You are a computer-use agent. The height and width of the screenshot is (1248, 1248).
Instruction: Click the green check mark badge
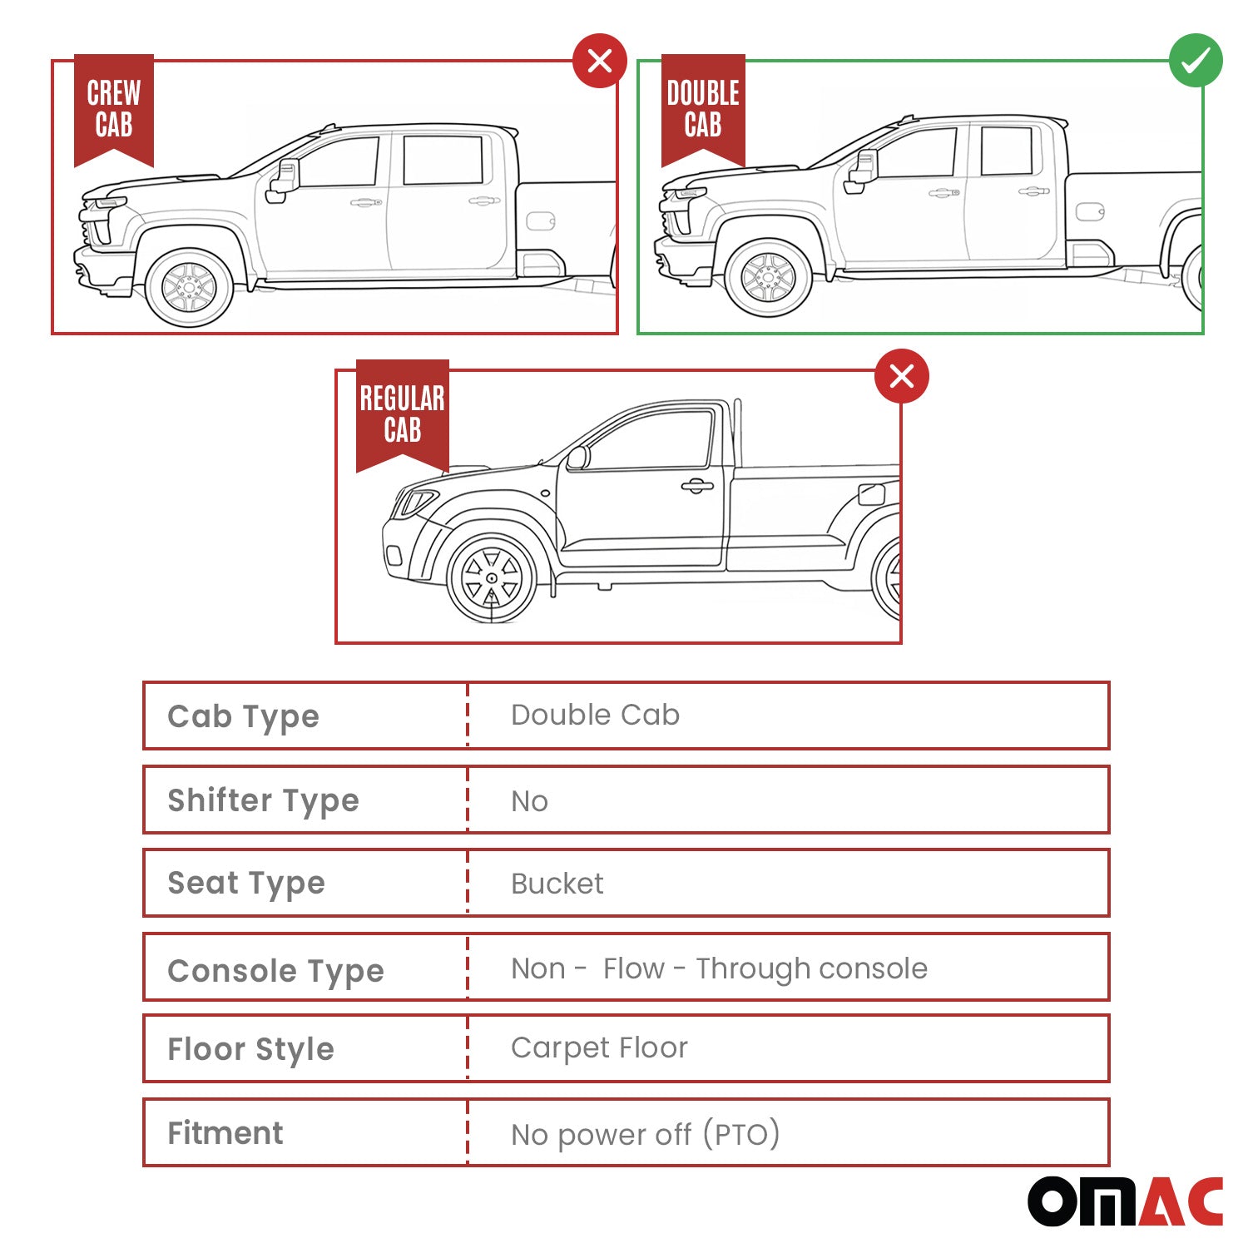click(x=1196, y=60)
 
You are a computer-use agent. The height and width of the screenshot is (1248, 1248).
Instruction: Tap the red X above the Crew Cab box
click(x=600, y=60)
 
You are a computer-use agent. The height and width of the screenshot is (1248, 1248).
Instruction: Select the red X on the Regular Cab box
click(x=902, y=376)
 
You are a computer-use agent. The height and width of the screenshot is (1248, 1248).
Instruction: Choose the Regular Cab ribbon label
click(x=403, y=415)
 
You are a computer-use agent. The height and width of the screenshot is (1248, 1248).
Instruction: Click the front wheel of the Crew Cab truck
click(x=189, y=288)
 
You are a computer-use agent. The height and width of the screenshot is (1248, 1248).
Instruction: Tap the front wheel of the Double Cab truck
click(x=768, y=278)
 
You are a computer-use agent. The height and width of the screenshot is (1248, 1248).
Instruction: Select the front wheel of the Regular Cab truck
click(x=492, y=578)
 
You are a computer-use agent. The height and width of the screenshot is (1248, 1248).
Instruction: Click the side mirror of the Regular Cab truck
click(x=577, y=458)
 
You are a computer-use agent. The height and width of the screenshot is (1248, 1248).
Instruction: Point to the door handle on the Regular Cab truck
click(x=697, y=486)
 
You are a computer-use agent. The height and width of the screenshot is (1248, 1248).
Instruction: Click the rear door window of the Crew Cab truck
click(x=443, y=159)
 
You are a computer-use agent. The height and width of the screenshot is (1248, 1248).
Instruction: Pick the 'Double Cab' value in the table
click(x=595, y=715)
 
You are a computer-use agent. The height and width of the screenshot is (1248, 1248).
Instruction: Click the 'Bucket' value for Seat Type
click(x=557, y=884)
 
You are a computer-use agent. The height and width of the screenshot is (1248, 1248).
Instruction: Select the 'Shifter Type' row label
click(x=263, y=800)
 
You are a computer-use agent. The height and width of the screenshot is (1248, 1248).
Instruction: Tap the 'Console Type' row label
click(x=275, y=971)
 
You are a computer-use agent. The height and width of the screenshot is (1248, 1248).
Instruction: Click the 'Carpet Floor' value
click(x=599, y=1048)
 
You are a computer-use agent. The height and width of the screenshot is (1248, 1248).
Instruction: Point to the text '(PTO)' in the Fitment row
click(x=740, y=1134)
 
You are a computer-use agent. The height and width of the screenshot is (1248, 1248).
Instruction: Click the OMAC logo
click(x=1125, y=1201)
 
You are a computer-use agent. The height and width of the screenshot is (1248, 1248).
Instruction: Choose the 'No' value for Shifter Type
click(x=529, y=801)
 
